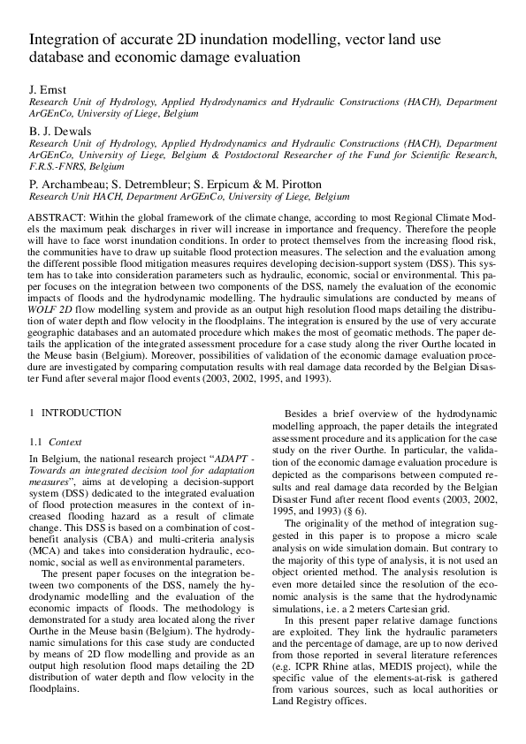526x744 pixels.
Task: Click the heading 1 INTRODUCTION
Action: pyautogui.click(x=76, y=413)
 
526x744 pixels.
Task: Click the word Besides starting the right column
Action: pyautogui.click(x=306, y=414)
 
